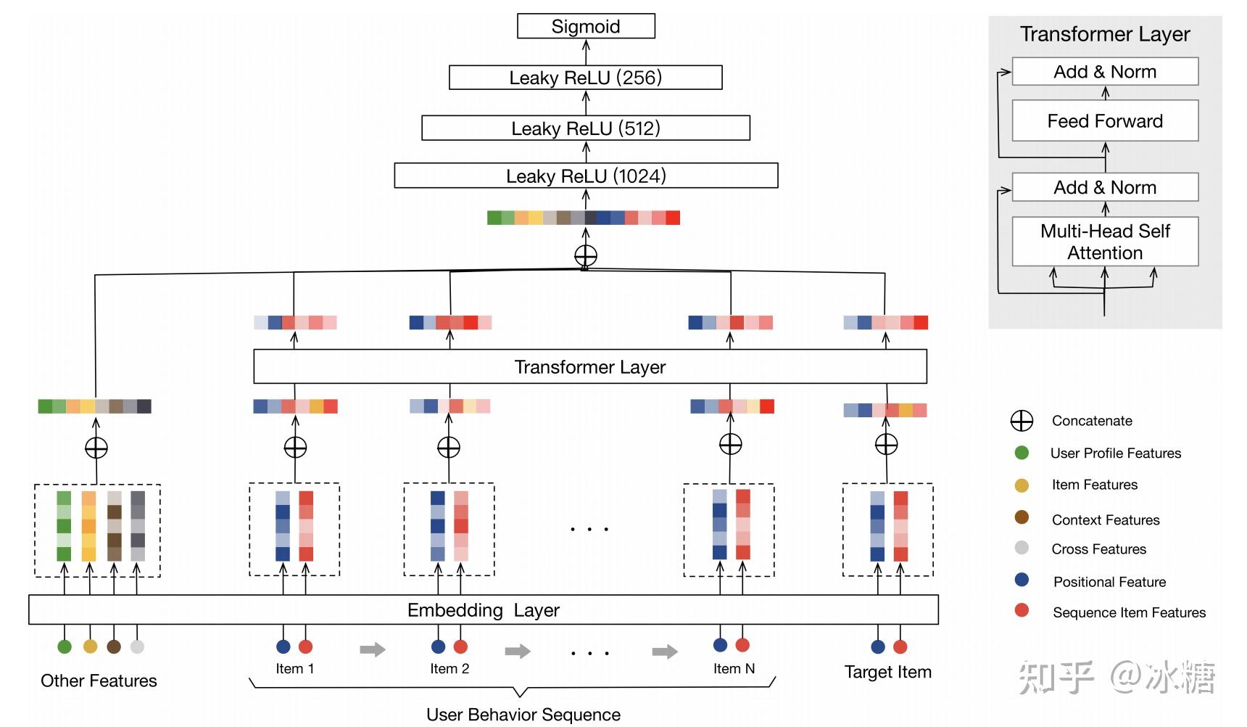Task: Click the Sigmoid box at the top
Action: click(x=586, y=27)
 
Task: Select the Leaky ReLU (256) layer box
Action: click(x=585, y=78)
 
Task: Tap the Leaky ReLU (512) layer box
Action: click(x=585, y=128)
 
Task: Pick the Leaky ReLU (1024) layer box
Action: click(x=586, y=176)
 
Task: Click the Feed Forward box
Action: click(x=1104, y=121)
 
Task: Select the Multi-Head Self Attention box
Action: click(x=1104, y=242)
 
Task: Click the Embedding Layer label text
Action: click(x=483, y=610)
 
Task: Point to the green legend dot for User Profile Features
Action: click(x=1022, y=453)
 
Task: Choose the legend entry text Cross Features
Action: click(x=1098, y=549)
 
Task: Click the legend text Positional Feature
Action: click(x=1109, y=582)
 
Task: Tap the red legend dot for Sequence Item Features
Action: click(x=1022, y=610)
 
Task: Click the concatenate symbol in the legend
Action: click(x=1022, y=421)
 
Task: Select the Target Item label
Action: click(x=887, y=672)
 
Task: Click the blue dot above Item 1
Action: click(x=283, y=646)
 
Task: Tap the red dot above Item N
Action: click(x=742, y=645)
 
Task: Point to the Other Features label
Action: click(x=99, y=681)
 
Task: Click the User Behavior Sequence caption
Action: click(x=523, y=715)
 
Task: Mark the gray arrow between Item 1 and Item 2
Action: click(x=373, y=649)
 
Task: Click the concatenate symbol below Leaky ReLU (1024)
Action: click(x=586, y=255)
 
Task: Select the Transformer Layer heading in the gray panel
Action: click(x=1104, y=34)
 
